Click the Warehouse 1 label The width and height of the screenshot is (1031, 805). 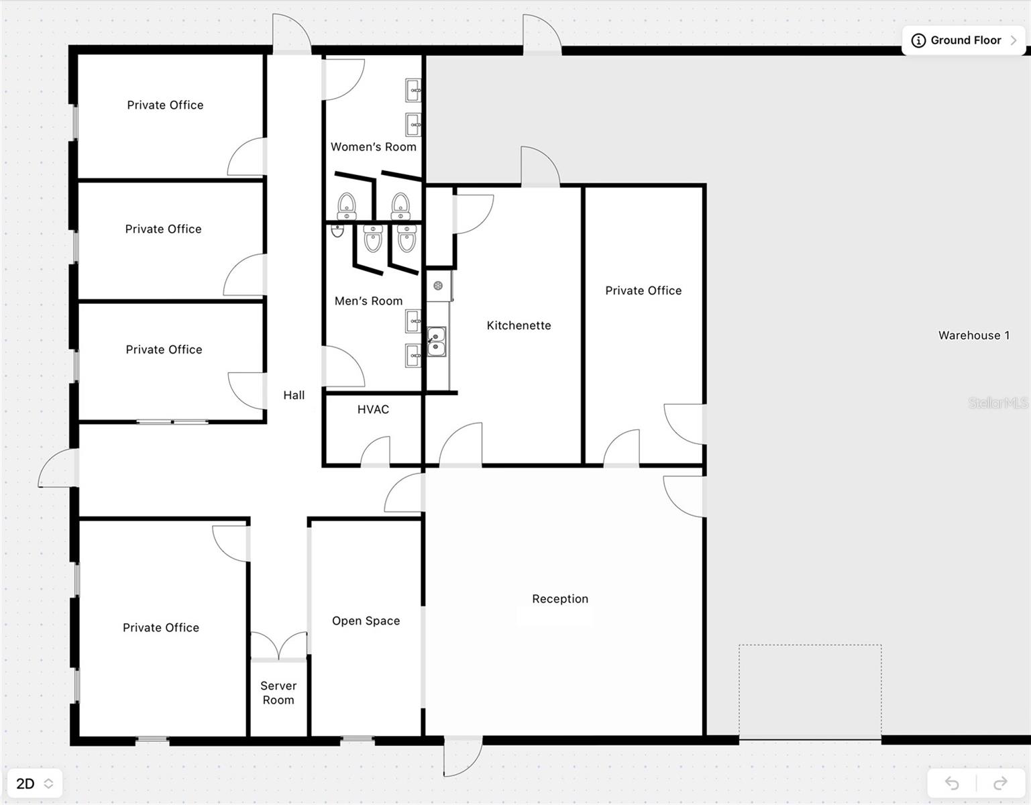pos(973,335)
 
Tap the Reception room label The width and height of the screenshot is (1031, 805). pos(560,599)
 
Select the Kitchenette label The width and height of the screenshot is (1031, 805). pos(519,325)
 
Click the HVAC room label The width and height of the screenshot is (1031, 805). pos(373,409)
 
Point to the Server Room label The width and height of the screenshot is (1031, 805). pos(278,693)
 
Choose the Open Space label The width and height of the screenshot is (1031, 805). pos(366,621)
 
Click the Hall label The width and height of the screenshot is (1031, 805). pos(294,395)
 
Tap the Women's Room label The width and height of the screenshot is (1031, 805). pos(373,147)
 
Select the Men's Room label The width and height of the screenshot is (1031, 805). pos(368,301)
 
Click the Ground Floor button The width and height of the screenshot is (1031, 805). pos(964,40)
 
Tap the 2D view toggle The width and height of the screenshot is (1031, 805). pos(34,784)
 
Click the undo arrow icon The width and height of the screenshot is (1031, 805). pos(952,783)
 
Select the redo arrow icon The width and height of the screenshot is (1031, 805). pos(1000,783)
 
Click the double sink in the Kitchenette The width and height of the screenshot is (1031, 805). pos(436,341)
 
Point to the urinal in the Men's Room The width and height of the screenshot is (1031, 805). pos(337,230)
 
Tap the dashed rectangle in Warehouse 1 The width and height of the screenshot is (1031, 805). pos(810,692)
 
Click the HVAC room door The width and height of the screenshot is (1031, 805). pos(376,453)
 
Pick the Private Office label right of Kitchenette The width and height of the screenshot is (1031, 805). pos(643,290)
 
